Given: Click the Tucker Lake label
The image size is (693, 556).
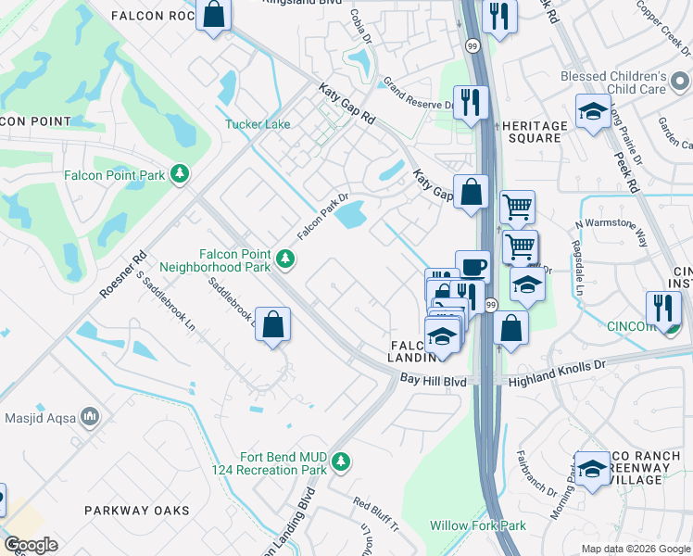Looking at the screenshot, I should click(257, 124).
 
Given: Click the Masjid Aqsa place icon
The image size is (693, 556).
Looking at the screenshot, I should click(91, 417).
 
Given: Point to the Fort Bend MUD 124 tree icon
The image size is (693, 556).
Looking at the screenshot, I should click(342, 461).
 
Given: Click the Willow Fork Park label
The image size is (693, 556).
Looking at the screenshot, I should click(477, 525).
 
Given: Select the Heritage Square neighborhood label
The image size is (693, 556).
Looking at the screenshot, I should click(533, 132).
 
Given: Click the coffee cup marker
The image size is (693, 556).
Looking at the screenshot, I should click(472, 266).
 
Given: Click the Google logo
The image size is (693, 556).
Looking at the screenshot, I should click(31, 545).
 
